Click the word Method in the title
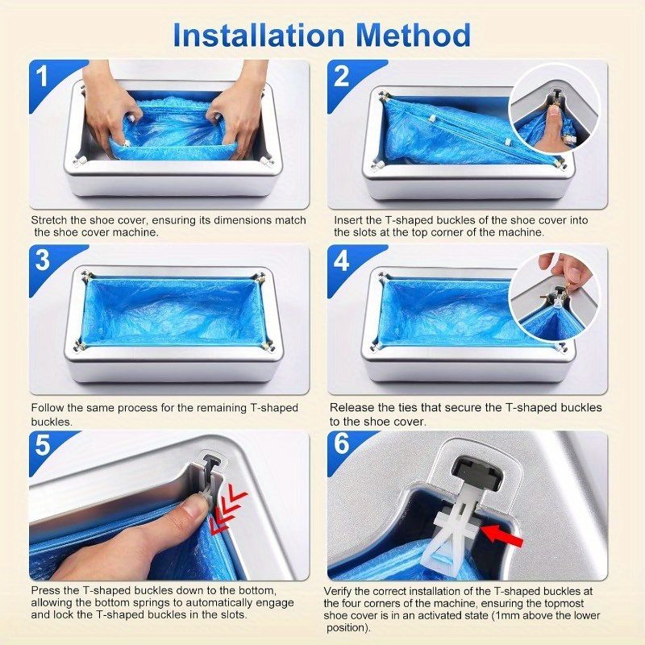[414, 35]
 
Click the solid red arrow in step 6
[501, 535]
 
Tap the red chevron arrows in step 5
[228, 510]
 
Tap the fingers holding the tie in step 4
[566, 270]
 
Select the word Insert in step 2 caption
[348, 220]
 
